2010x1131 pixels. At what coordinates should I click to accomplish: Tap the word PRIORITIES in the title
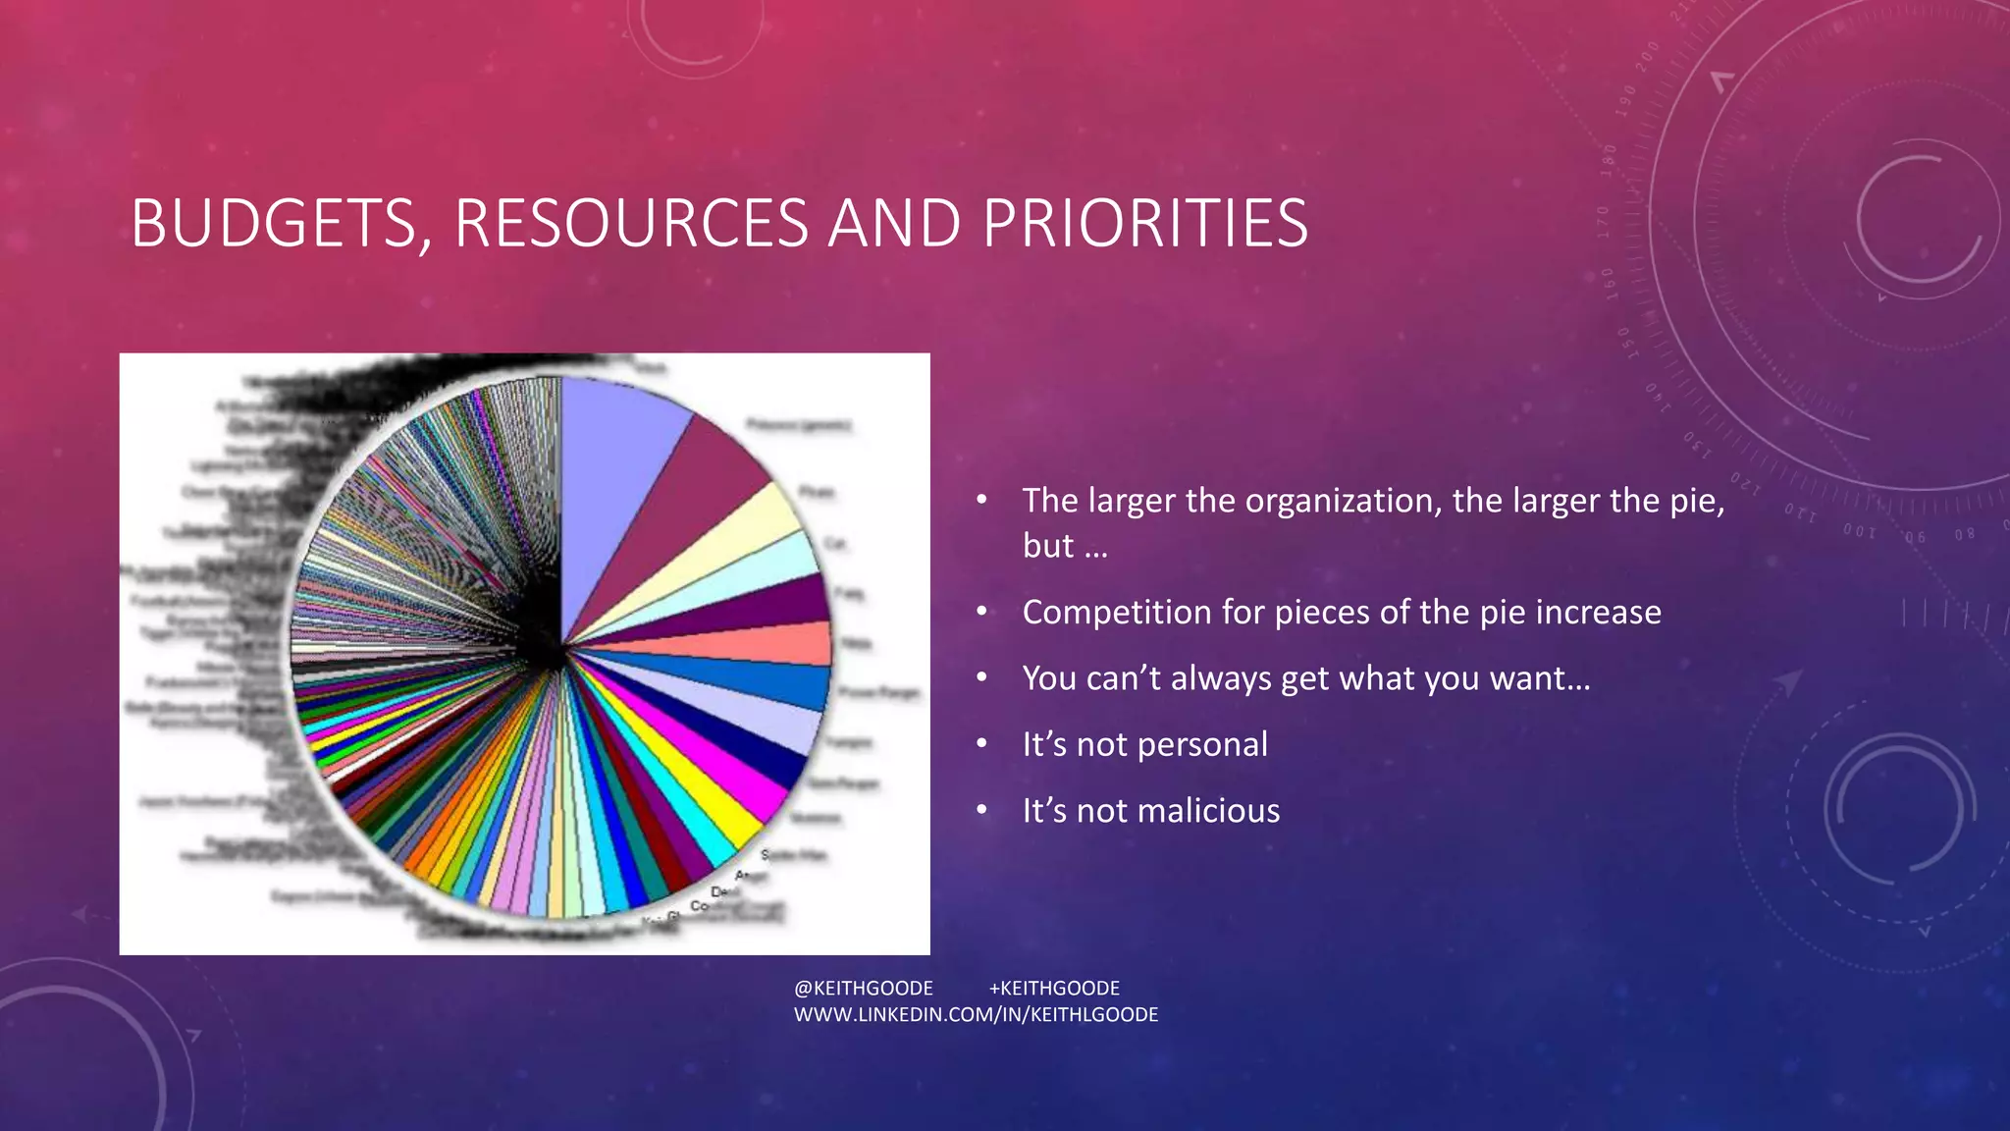coord(1145,224)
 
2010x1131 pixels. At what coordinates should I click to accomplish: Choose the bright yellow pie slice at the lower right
coord(707,805)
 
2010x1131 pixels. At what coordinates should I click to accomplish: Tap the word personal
coord(1202,745)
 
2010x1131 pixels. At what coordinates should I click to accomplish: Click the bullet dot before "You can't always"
coord(981,677)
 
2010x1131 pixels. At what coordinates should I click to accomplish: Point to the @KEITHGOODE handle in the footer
coord(864,989)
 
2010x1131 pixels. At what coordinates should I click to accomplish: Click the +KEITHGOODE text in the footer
coord(1054,989)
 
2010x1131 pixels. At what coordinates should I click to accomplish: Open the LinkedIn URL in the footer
coord(976,1015)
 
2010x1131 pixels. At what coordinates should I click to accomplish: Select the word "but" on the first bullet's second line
coord(1048,546)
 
